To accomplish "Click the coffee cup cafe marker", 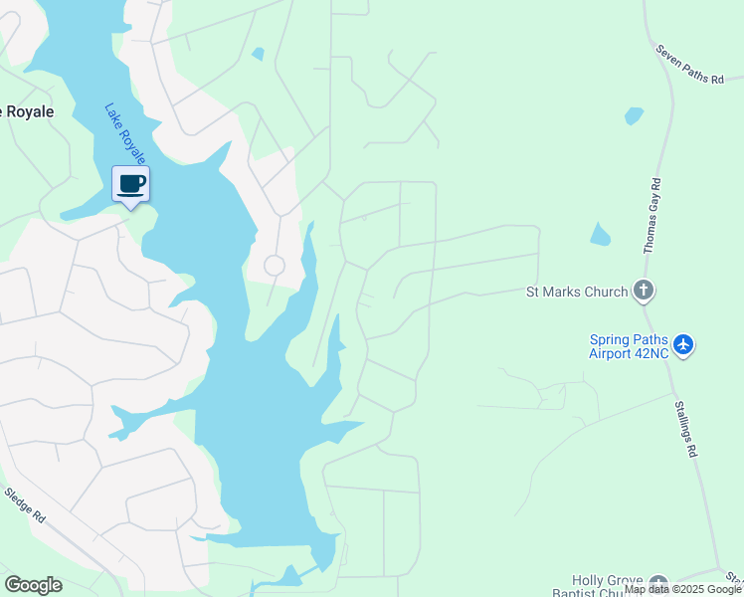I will (130, 184).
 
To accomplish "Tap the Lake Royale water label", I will (125, 132).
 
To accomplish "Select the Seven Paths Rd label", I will (689, 64).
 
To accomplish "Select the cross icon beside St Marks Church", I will (644, 292).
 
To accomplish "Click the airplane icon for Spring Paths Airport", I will (682, 345).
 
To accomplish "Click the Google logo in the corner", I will (33, 585).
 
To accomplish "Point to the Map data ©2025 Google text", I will (682, 590).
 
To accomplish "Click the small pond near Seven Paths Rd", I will (634, 115).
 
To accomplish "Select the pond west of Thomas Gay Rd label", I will (599, 235).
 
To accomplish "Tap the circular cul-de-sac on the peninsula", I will (274, 266).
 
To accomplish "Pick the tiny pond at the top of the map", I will (259, 54).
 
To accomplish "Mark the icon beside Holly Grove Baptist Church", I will (657, 582).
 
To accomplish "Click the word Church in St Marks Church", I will (606, 292).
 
